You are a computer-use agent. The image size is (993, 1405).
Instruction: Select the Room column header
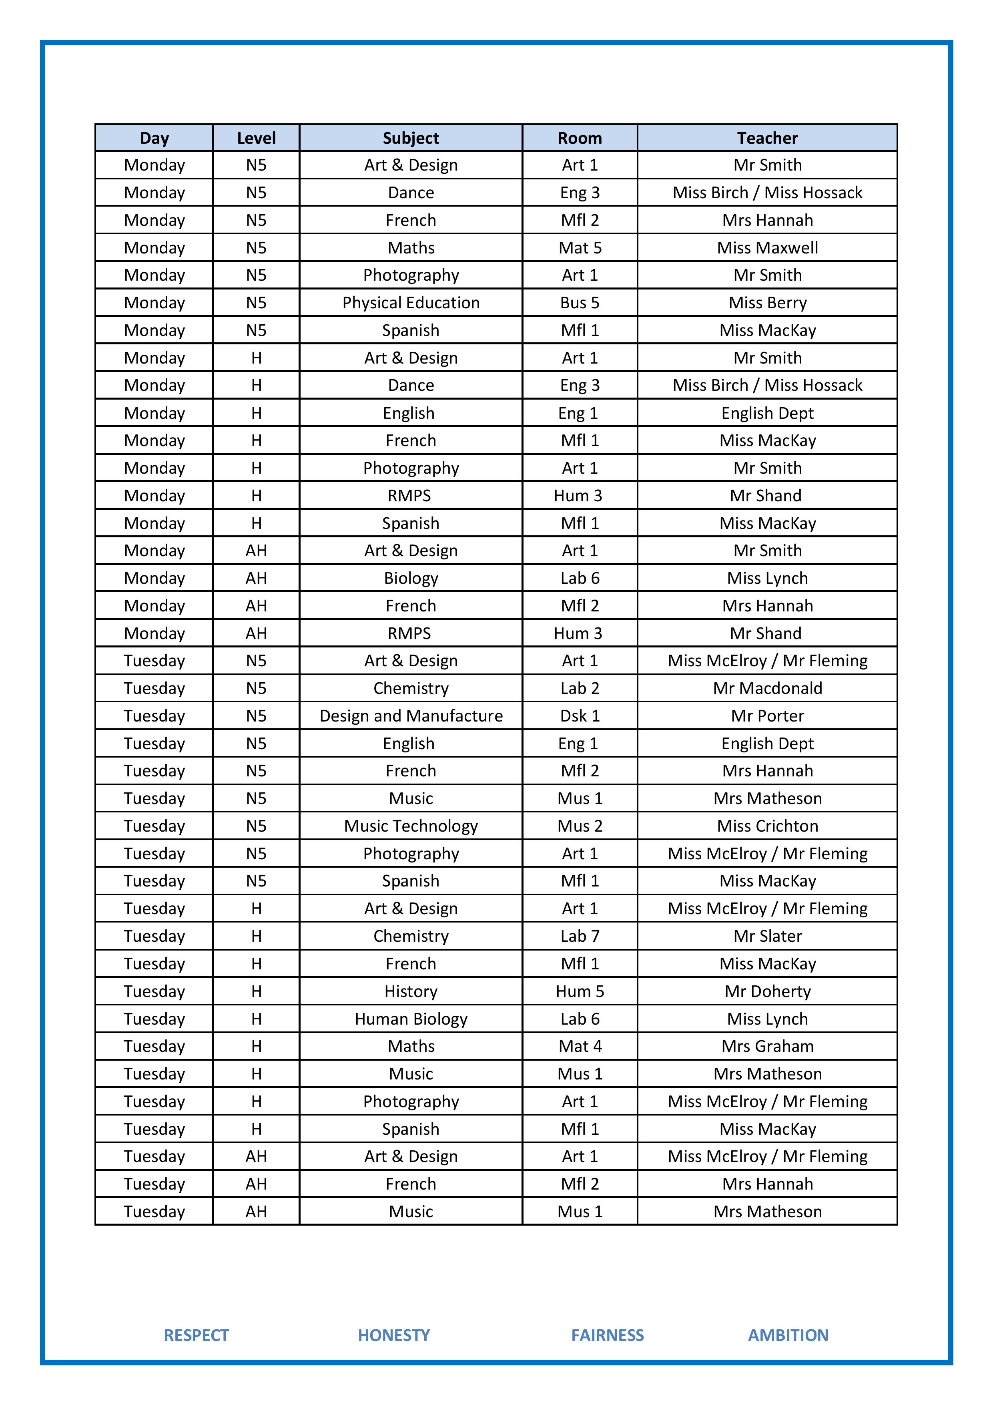[580, 138]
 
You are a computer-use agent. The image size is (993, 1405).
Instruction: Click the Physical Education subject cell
[411, 303]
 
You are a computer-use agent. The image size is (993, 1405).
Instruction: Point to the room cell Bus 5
[580, 303]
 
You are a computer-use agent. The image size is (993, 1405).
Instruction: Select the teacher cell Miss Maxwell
[767, 248]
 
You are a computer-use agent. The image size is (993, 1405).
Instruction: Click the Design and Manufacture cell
[411, 716]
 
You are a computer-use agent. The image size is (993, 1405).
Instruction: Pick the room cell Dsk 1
[580, 716]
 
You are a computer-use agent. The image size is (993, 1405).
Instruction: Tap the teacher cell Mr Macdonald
[767, 688]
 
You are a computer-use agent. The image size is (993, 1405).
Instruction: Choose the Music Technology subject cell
[411, 826]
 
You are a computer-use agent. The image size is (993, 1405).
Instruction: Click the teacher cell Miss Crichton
[767, 826]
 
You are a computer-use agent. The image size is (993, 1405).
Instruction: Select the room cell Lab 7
[580, 936]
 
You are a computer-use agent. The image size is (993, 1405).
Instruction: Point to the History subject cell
[411, 991]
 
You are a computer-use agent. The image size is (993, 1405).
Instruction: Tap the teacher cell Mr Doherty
[767, 991]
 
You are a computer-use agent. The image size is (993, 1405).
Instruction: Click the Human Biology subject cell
[411, 1019]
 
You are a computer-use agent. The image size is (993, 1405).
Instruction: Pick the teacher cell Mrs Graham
[767, 1046]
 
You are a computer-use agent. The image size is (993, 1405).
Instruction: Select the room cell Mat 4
[580, 1046]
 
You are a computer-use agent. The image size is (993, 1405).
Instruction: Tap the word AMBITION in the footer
[788, 1335]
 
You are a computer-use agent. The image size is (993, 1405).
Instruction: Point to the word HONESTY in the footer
[393, 1335]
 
